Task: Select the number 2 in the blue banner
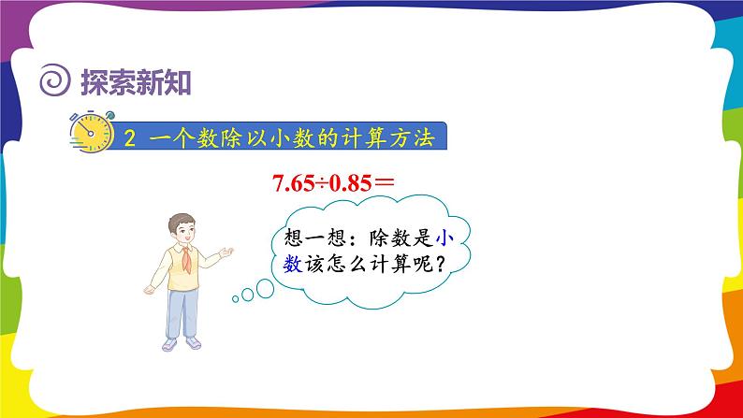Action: tap(130, 137)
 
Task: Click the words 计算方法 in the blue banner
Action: tap(390, 137)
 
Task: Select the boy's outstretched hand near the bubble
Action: tap(226, 252)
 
